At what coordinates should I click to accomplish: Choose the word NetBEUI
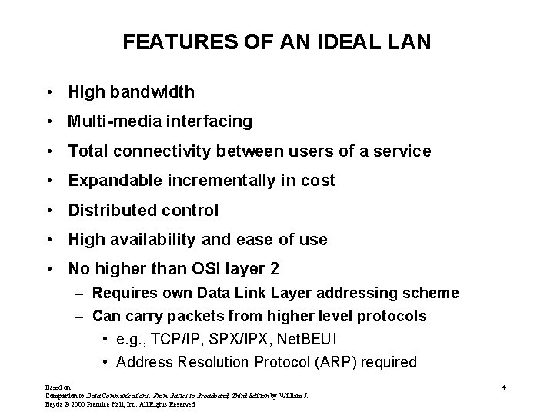click(x=307, y=339)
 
